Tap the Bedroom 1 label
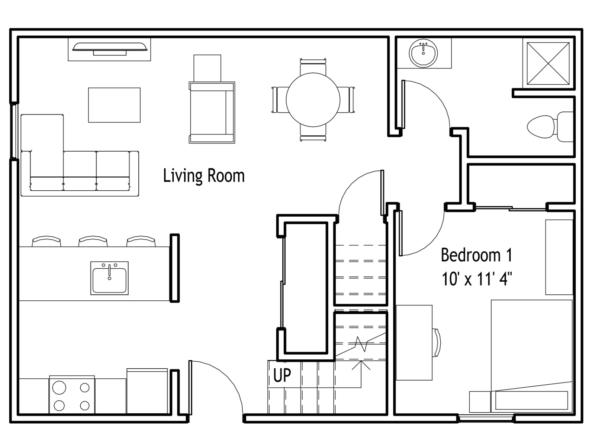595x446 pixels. point(477,255)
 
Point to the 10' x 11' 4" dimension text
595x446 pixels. point(477,279)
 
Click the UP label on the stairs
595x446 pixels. point(282,375)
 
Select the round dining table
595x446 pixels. point(313,100)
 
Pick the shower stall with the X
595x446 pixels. point(548,63)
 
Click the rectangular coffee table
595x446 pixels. point(114,105)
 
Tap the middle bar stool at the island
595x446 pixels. point(93,241)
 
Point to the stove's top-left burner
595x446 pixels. point(59,388)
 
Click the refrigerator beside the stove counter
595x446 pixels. point(147,391)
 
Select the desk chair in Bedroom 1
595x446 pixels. point(437,343)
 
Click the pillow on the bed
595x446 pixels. point(531,400)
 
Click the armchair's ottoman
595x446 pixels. point(207,68)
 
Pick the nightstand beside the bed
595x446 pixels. point(480,402)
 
